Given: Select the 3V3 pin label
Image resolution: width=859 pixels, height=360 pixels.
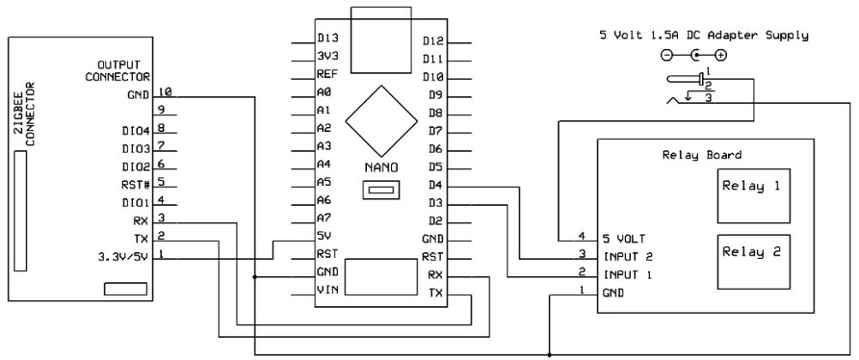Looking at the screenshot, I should tap(327, 57).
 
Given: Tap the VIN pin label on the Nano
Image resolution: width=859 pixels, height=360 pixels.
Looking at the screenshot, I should tap(327, 291).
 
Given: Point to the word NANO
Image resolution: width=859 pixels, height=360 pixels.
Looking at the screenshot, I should tap(381, 165).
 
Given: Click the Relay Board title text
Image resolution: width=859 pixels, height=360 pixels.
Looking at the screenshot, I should tap(702, 156).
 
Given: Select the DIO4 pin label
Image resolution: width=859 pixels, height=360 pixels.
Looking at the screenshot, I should tap(135, 130).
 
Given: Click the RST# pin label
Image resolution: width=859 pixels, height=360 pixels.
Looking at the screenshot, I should tap(137, 183).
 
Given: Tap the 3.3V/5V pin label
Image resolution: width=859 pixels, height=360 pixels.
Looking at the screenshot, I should tap(124, 255).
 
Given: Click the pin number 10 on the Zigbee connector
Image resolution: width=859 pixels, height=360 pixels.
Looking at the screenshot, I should tap(165, 92).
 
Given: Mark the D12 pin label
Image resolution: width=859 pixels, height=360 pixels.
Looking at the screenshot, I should tap(432, 39).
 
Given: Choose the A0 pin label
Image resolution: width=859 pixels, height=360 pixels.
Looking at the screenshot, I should tap(324, 93).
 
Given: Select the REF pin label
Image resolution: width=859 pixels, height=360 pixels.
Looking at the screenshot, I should tap(327, 75).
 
